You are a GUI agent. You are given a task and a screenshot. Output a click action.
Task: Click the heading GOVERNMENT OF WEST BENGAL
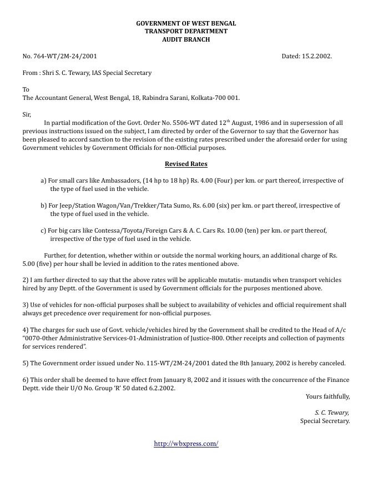[x=186, y=23]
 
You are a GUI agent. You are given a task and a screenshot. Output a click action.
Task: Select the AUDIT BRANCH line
[x=186, y=39]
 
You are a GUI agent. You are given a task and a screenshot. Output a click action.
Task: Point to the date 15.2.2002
[x=317, y=57]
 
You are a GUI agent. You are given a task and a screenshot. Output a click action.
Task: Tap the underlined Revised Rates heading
[x=186, y=164]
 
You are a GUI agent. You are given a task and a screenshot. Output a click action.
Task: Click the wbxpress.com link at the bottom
[x=186, y=443]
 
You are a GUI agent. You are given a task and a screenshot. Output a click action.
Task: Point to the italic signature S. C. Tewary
[x=332, y=412]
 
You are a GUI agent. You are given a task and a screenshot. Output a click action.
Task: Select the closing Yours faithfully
[x=327, y=396]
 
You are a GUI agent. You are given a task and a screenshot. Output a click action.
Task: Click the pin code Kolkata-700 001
[x=215, y=98]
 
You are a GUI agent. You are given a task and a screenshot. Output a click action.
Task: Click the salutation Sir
[x=27, y=114]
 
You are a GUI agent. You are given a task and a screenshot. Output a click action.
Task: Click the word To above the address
[x=26, y=89]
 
